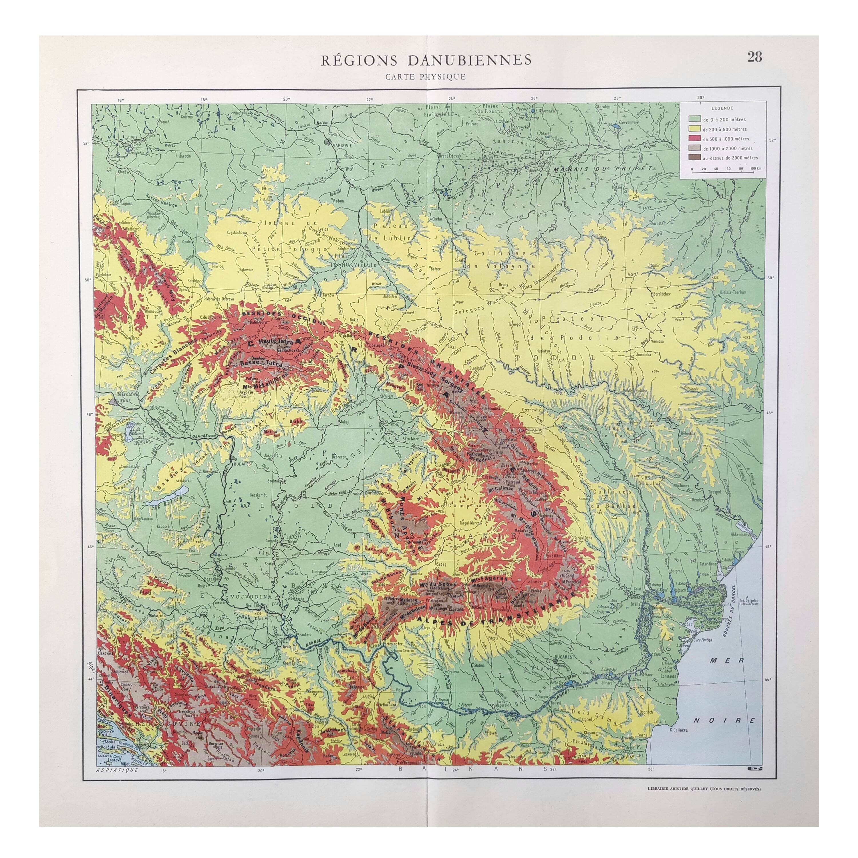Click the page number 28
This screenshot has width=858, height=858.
tap(754, 57)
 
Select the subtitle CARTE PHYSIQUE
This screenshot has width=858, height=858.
tap(426, 76)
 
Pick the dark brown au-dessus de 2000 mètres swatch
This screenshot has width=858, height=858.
tap(692, 158)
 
